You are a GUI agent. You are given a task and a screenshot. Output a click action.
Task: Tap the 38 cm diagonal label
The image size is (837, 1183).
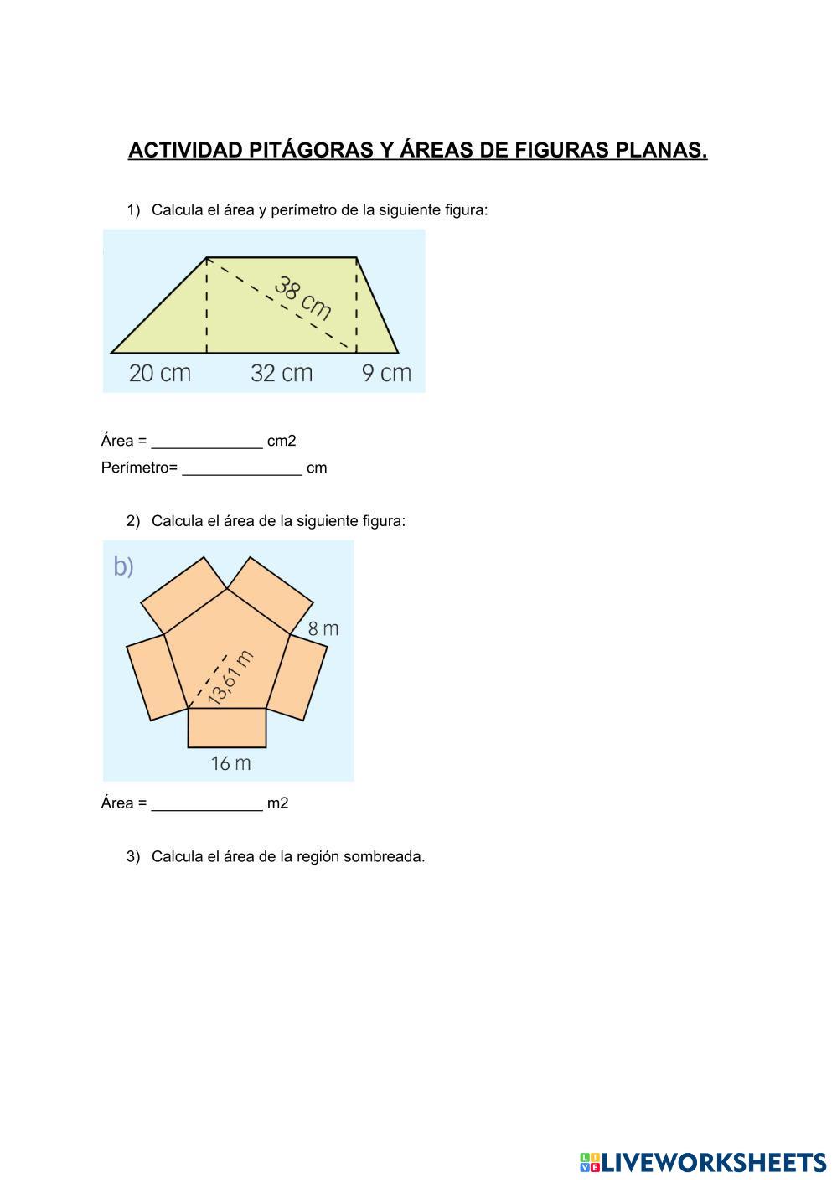click(x=302, y=298)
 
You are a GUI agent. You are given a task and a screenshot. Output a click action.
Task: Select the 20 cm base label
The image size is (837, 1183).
click(x=159, y=374)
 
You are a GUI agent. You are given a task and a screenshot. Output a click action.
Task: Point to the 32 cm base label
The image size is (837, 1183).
click(x=282, y=374)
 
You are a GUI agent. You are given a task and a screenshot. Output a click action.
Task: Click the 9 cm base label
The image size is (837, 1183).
click(x=386, y=374)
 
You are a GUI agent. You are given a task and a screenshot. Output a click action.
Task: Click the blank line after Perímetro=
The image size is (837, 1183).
click(x=242, y=474)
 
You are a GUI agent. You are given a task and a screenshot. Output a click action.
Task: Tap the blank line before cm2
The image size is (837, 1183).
click(x=206, y=447)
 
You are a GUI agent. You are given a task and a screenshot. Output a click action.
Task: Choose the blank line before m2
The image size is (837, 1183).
click(x=206, y=809)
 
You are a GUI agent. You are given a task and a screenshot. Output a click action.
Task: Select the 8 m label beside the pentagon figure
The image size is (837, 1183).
click(x=323, y=628)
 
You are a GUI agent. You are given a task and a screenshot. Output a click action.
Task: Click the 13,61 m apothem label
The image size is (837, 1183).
click(x=230, y=678)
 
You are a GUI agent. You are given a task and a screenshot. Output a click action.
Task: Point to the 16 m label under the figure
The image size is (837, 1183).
click(x=230, y=763)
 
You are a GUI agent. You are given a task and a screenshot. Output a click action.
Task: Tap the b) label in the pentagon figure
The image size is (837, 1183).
click(x=123, y=567)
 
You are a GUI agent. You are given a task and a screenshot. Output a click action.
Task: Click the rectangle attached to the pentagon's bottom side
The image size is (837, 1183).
click(x=227, y=728)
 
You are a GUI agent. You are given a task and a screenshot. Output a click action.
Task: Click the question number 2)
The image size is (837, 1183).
click(x=133, y=521)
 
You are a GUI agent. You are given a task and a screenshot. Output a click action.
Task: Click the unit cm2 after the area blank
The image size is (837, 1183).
click(x=282, y=441)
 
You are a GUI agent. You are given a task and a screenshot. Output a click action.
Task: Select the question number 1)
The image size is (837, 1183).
click(x=133, y=210)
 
